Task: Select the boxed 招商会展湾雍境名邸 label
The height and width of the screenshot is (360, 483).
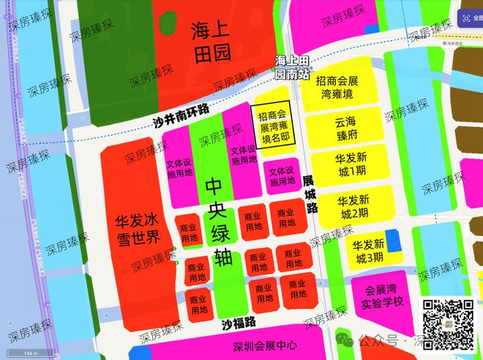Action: [x=271, y=127]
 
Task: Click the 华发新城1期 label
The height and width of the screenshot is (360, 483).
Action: [x=353, y=166]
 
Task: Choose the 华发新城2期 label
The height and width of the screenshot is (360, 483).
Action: [x=353, y=206]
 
